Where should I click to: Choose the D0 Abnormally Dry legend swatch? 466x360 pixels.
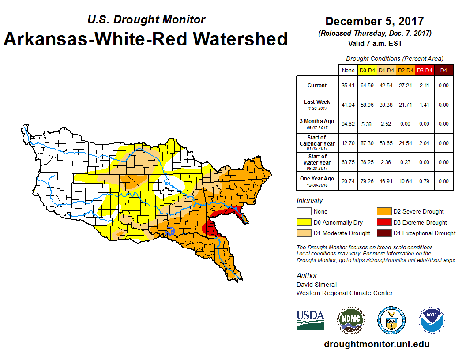[x=304, y=222]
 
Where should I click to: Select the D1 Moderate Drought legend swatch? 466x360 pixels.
[x=304, y=233]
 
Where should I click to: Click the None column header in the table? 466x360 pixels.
[x=348, y=70]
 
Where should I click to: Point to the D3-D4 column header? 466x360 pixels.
[x=425, y=70]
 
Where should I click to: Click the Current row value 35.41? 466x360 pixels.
[x=348, y=86]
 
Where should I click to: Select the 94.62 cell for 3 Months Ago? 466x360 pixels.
[x=348, y=124]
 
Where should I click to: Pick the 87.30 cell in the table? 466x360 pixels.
[x=367, y=143]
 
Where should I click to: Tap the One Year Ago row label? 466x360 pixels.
[x=317, y=179]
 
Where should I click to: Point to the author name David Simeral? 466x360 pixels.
[x=316, y=285]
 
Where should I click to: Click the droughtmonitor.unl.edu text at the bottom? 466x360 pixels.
[x=376, y=344]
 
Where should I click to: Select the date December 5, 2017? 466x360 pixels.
[x=374, y=21]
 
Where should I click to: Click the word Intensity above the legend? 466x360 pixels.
[x=310, y=201]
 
